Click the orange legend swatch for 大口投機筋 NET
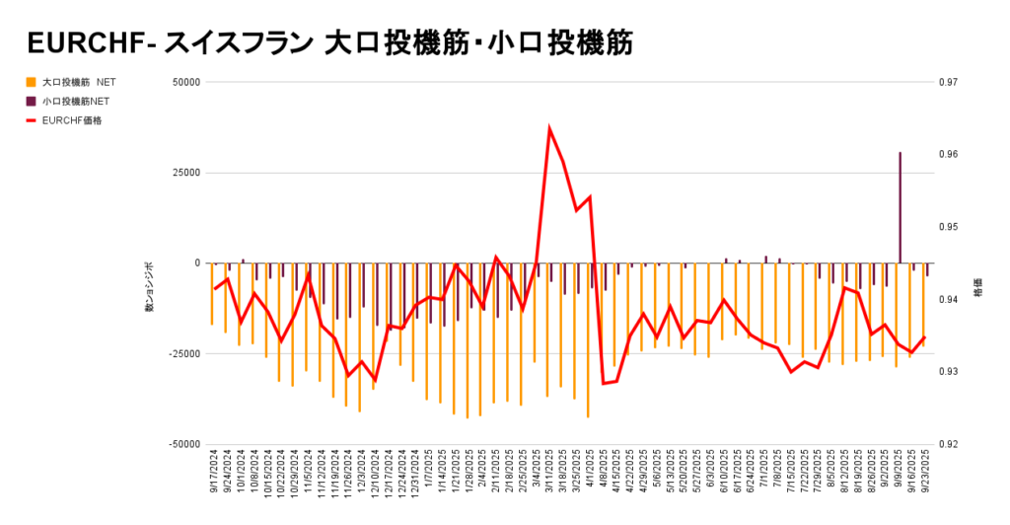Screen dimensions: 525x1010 tap(30, 82)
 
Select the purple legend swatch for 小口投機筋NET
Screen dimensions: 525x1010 tap(30, 101)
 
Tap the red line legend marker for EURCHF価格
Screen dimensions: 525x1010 tap(30, 120)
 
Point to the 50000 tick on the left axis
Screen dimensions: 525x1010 tap(186, 82)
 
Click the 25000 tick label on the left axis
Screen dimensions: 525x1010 tap(186, 173)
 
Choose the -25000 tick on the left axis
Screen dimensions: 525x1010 tap(184, 353)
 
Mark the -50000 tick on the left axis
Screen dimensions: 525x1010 tap(184, 444)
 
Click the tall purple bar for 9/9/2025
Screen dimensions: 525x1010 tap(900, 207)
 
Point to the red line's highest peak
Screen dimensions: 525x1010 tap(549, 128)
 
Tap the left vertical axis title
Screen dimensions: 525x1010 tap(151, 287)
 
